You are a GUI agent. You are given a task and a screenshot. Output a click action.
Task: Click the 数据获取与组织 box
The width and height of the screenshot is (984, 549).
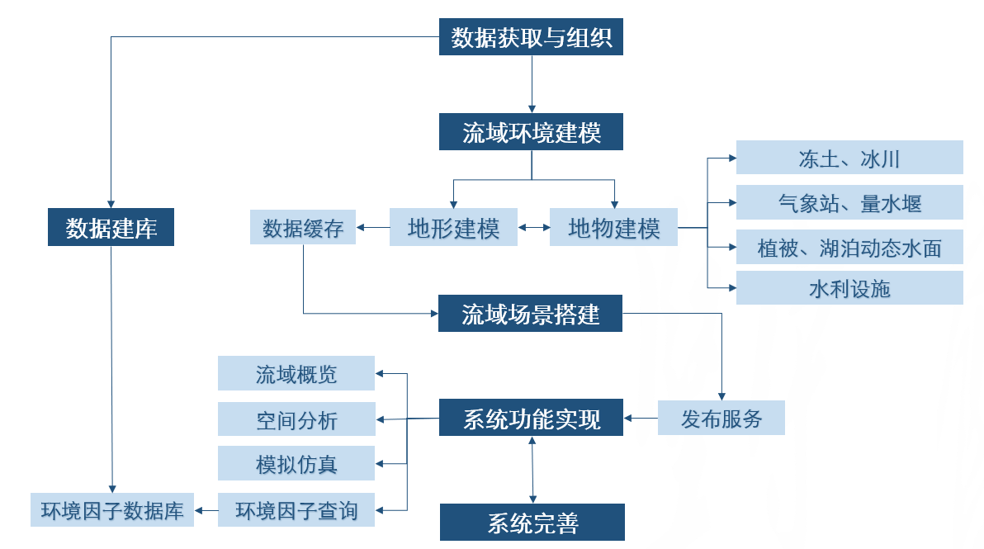click(x=531, y=38)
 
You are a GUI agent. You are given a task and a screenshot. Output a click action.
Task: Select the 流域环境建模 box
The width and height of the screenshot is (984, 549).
click(x=531, y=132)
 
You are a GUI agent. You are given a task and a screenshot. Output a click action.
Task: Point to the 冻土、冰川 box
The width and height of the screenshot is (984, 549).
click(x=849, y=158)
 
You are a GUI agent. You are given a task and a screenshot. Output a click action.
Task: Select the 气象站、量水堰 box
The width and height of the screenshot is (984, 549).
click(x=849, y=202)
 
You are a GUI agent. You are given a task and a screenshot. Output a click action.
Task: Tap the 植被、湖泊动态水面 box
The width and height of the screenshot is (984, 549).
click(x=849, y=247)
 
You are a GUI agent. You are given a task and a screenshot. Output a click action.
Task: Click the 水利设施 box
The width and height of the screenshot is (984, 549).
click(x=849, y=288)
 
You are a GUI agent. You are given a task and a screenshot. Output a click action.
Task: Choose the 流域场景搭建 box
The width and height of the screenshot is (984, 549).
click(x=530, y=314)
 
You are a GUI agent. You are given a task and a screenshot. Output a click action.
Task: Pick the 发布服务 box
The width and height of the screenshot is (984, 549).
click(x=721, y=418)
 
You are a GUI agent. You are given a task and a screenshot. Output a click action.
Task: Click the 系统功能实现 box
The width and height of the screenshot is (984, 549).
click(x=531, y=418)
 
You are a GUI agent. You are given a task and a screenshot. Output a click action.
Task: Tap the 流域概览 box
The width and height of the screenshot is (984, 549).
click(x=296, y=374)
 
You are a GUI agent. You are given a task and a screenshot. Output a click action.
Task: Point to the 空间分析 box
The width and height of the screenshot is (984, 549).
click(x=296, y=419)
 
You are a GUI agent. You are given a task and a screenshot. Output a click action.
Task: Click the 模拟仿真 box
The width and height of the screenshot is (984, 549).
click(x=296, y=464)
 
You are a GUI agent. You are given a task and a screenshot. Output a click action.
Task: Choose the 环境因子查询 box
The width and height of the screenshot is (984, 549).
click(x=296, y=510)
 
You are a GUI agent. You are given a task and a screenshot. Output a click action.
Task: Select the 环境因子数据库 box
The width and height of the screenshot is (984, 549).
click(x=112, y=510)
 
